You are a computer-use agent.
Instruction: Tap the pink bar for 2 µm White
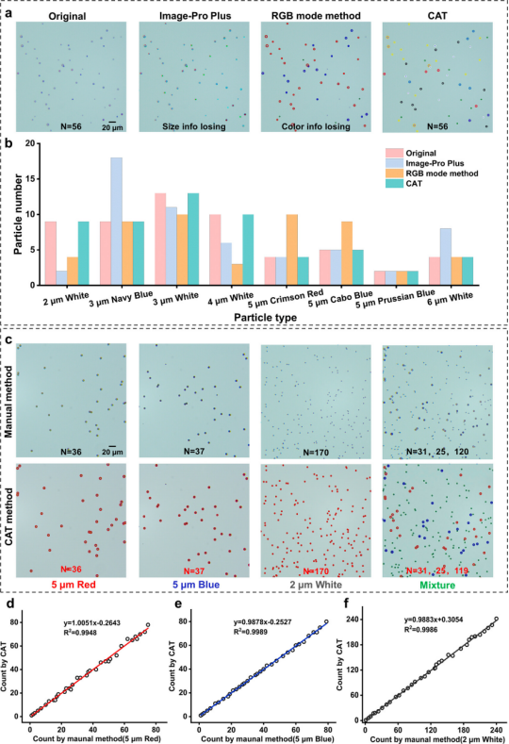point(63,253)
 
